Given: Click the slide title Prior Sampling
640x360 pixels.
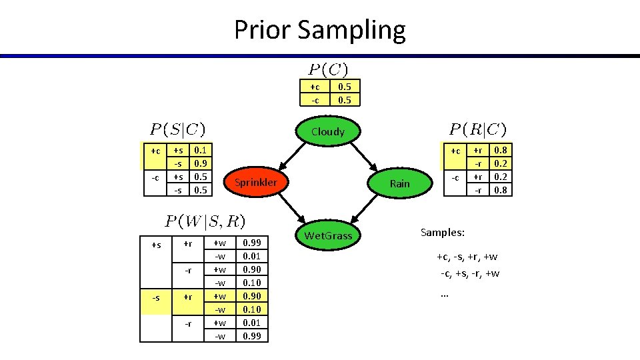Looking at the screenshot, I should [319, 30].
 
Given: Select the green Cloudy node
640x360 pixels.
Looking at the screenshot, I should [327, 131].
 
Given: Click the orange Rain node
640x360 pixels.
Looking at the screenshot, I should [399, 183].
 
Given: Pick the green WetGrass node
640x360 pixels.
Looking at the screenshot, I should [328, 235].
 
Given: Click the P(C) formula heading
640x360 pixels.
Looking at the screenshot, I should [327, 69].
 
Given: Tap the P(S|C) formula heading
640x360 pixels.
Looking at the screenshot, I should [177, 129].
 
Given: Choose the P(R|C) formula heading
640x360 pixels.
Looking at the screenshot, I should [477, 129].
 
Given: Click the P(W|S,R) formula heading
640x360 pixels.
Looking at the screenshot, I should [205, 220].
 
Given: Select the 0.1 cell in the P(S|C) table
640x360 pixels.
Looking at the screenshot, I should [199, 151].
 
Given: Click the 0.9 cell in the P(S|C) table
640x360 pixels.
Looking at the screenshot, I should [199, 164].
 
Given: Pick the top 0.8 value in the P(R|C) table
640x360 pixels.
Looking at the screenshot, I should [500, 151].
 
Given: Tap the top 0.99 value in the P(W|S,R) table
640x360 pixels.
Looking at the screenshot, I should [252, 243].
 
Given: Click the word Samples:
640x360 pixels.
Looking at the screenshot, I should [442, 233].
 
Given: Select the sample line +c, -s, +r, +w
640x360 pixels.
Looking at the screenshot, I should [467, 257].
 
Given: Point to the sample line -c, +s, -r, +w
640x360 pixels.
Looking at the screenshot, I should [469, 273].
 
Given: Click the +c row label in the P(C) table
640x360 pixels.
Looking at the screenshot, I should [315, 87].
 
